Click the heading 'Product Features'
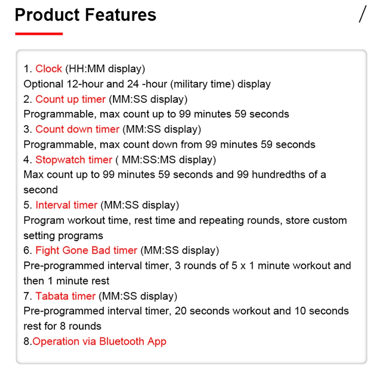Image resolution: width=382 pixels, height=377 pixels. [85, 15]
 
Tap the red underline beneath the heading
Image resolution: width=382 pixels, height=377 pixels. [39, 34]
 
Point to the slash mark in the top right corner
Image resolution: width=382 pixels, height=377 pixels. [362, 14]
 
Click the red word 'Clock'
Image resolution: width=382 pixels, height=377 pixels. [49, 69]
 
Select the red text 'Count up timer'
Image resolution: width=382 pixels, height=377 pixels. [70, 99]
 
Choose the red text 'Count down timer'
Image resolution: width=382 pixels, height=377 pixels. [77, 129]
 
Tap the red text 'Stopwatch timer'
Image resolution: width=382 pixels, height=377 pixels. [74, 159]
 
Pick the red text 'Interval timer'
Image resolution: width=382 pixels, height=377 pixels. [66, 205]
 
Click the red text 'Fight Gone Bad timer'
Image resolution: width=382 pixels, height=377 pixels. [86, 250]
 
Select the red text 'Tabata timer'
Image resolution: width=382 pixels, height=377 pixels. [65, 296]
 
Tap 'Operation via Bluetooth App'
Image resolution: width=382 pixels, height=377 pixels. [99, 341]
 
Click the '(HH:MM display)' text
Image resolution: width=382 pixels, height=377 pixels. [105, 69]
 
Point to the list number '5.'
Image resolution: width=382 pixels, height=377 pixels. [28, 205]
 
